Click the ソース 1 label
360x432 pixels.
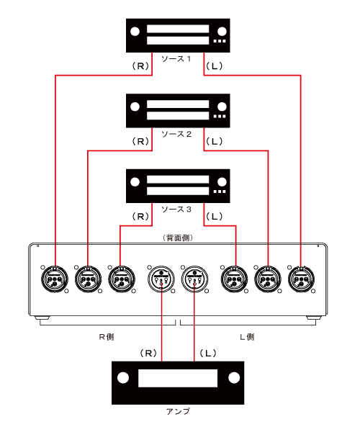(176, 59)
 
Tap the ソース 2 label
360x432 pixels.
(176, 134)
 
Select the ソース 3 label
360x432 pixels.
(176, 209)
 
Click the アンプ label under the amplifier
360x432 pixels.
(178, 412)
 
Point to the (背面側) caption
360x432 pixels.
(178, 238)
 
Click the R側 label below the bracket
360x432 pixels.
(107, 337)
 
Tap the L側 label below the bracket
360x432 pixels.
(247, 337)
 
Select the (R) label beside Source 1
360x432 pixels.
(140, 66)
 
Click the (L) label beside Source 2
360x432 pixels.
(214, 141)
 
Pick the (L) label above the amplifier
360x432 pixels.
(208, 353)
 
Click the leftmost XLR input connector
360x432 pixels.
(55, 279)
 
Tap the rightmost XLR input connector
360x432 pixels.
(302, 279)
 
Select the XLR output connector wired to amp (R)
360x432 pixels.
(161, 279)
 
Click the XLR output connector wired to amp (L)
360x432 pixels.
(194, 279)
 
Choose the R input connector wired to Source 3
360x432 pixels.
(122, 279)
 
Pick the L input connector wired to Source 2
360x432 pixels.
(268, 279)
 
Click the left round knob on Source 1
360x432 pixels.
(135, 32)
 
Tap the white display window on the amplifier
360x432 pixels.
(178, 378)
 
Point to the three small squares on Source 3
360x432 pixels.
(220, 192)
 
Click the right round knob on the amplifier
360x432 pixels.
(234, 378)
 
